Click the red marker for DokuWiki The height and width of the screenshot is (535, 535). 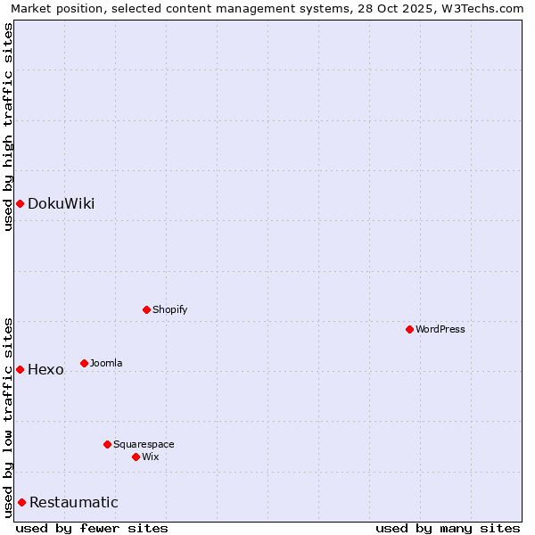pos(20,203)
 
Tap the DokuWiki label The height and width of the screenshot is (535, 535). pos(61,203)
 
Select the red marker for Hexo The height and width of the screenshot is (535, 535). pos(20,369)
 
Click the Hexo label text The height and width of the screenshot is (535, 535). pos(45,369)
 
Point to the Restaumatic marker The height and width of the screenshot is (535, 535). pos(21,502)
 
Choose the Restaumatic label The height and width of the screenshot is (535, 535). pos(73,502)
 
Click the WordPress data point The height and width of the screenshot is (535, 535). pos(409,329)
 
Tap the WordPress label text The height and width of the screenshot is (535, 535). pos(440,329)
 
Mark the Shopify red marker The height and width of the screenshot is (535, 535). pos(146,309)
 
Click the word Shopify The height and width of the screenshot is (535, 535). pos(169,309)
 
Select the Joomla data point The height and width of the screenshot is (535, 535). pos(84,363)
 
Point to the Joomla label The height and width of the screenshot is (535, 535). pos(106,363)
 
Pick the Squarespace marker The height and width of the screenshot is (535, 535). pos(107,444)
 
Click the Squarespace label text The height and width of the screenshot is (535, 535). pos(144,444)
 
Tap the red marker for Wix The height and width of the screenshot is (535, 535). pos(136,457)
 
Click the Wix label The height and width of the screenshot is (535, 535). pos(150,457)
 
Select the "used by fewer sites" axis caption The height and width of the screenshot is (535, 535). pos(92,528)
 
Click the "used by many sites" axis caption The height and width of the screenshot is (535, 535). pos(448,528)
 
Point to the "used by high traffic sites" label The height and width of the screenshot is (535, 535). pos(8,127)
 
